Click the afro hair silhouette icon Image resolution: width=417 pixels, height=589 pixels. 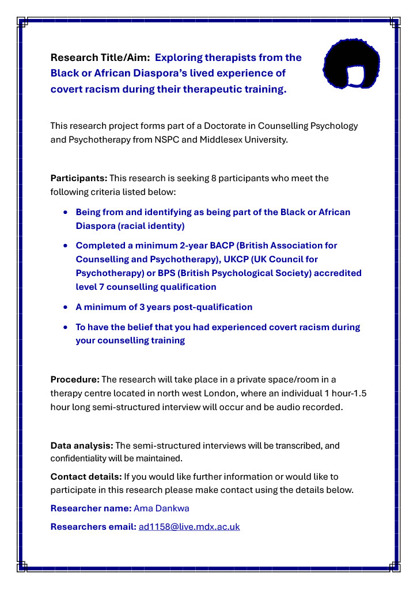coord(353,64)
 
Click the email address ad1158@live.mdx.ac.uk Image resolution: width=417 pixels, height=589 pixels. coord(189,526)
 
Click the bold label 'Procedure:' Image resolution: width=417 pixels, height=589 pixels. coord(75,379)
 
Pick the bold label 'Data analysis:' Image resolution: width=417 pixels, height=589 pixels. coord(82,446)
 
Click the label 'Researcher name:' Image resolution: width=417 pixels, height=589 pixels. coord(91,508)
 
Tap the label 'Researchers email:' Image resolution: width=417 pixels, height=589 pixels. coord(93,526)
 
